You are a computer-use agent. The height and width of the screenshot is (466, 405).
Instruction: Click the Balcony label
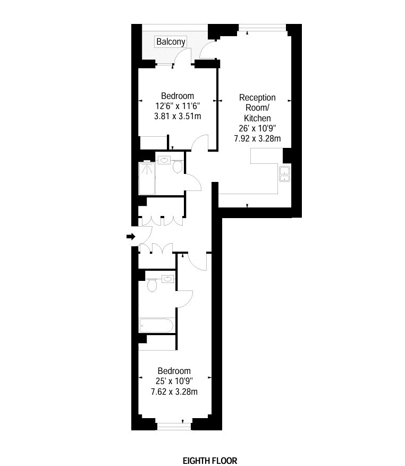[171, 41]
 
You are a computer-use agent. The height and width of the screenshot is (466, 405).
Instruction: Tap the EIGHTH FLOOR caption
[210, 461]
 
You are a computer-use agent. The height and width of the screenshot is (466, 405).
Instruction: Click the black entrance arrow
[131, 237]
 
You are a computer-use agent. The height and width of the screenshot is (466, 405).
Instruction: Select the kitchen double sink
[284, 174]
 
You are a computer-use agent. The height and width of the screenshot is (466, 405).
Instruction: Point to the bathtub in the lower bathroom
[156, 326]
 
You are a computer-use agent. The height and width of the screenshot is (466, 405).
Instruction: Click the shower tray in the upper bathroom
[147, 178]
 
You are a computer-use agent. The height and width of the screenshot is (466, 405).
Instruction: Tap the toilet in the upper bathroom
[178, 167]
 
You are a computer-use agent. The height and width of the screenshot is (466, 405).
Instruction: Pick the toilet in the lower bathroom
[151, 285]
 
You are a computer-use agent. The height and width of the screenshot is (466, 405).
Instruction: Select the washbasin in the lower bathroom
[168, 279]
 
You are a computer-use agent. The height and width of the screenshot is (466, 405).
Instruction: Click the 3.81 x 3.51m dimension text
[178, 116]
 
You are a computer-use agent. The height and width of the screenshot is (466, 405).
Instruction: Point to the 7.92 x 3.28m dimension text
[257, 138]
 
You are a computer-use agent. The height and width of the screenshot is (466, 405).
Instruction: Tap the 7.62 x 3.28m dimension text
[174, 392]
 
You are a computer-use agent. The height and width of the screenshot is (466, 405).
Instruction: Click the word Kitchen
[257, 118]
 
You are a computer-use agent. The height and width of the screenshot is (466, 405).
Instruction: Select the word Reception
[257, 97]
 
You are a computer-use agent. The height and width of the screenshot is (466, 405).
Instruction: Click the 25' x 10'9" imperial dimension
[174, 381]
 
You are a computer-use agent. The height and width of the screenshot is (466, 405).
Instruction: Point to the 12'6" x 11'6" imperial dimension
[178, 106]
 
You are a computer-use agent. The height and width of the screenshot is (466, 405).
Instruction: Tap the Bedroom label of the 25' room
[174, 371]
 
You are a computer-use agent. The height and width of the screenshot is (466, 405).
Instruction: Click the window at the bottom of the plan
[174, 426]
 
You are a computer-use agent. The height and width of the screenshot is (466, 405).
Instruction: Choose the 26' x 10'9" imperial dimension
[257, 128]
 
